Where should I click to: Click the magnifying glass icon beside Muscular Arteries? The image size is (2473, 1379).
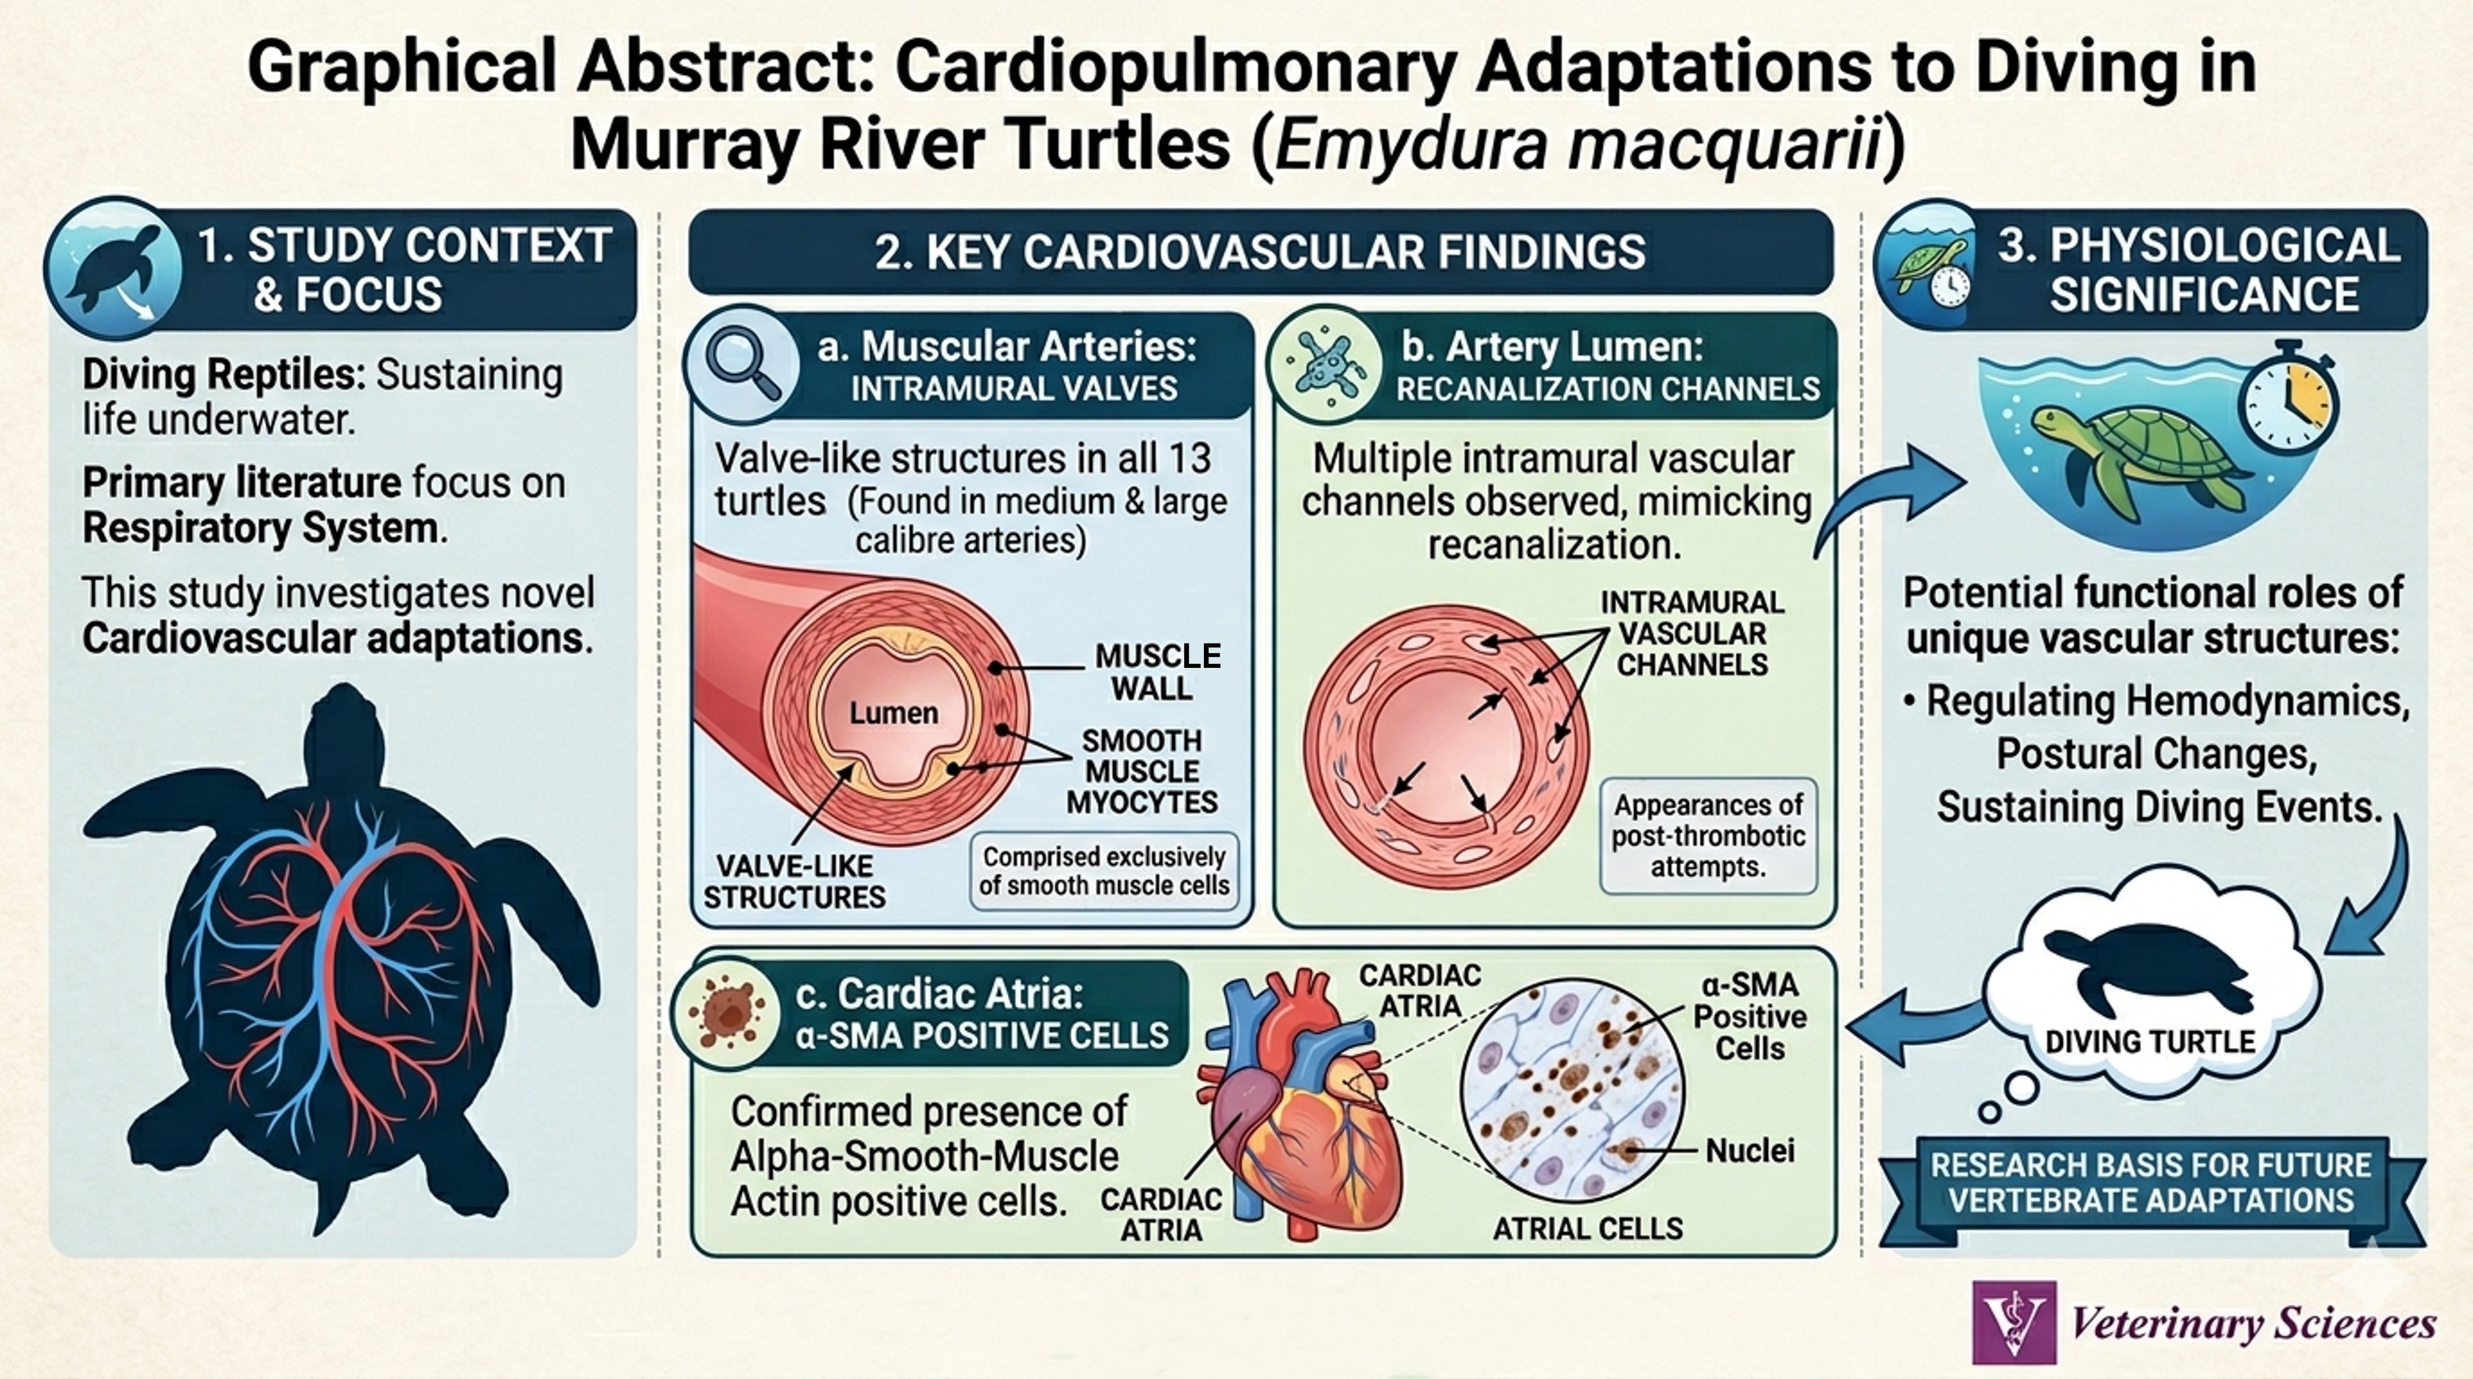click(742, 365)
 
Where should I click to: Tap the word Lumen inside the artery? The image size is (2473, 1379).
click(893, 713)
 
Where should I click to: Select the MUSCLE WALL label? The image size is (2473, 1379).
click(1157, 672)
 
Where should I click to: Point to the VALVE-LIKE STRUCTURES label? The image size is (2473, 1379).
click(795, 881)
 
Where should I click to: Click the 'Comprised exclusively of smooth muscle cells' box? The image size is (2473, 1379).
click(1104, 871)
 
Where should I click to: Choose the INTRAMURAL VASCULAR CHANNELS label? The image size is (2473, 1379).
click(1692, 634)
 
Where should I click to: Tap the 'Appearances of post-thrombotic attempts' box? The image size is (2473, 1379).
click(1708, 836)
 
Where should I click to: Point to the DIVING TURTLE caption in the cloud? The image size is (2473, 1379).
click(2149, 1042)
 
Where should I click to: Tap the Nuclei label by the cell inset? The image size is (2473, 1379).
click(1749, 1150)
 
